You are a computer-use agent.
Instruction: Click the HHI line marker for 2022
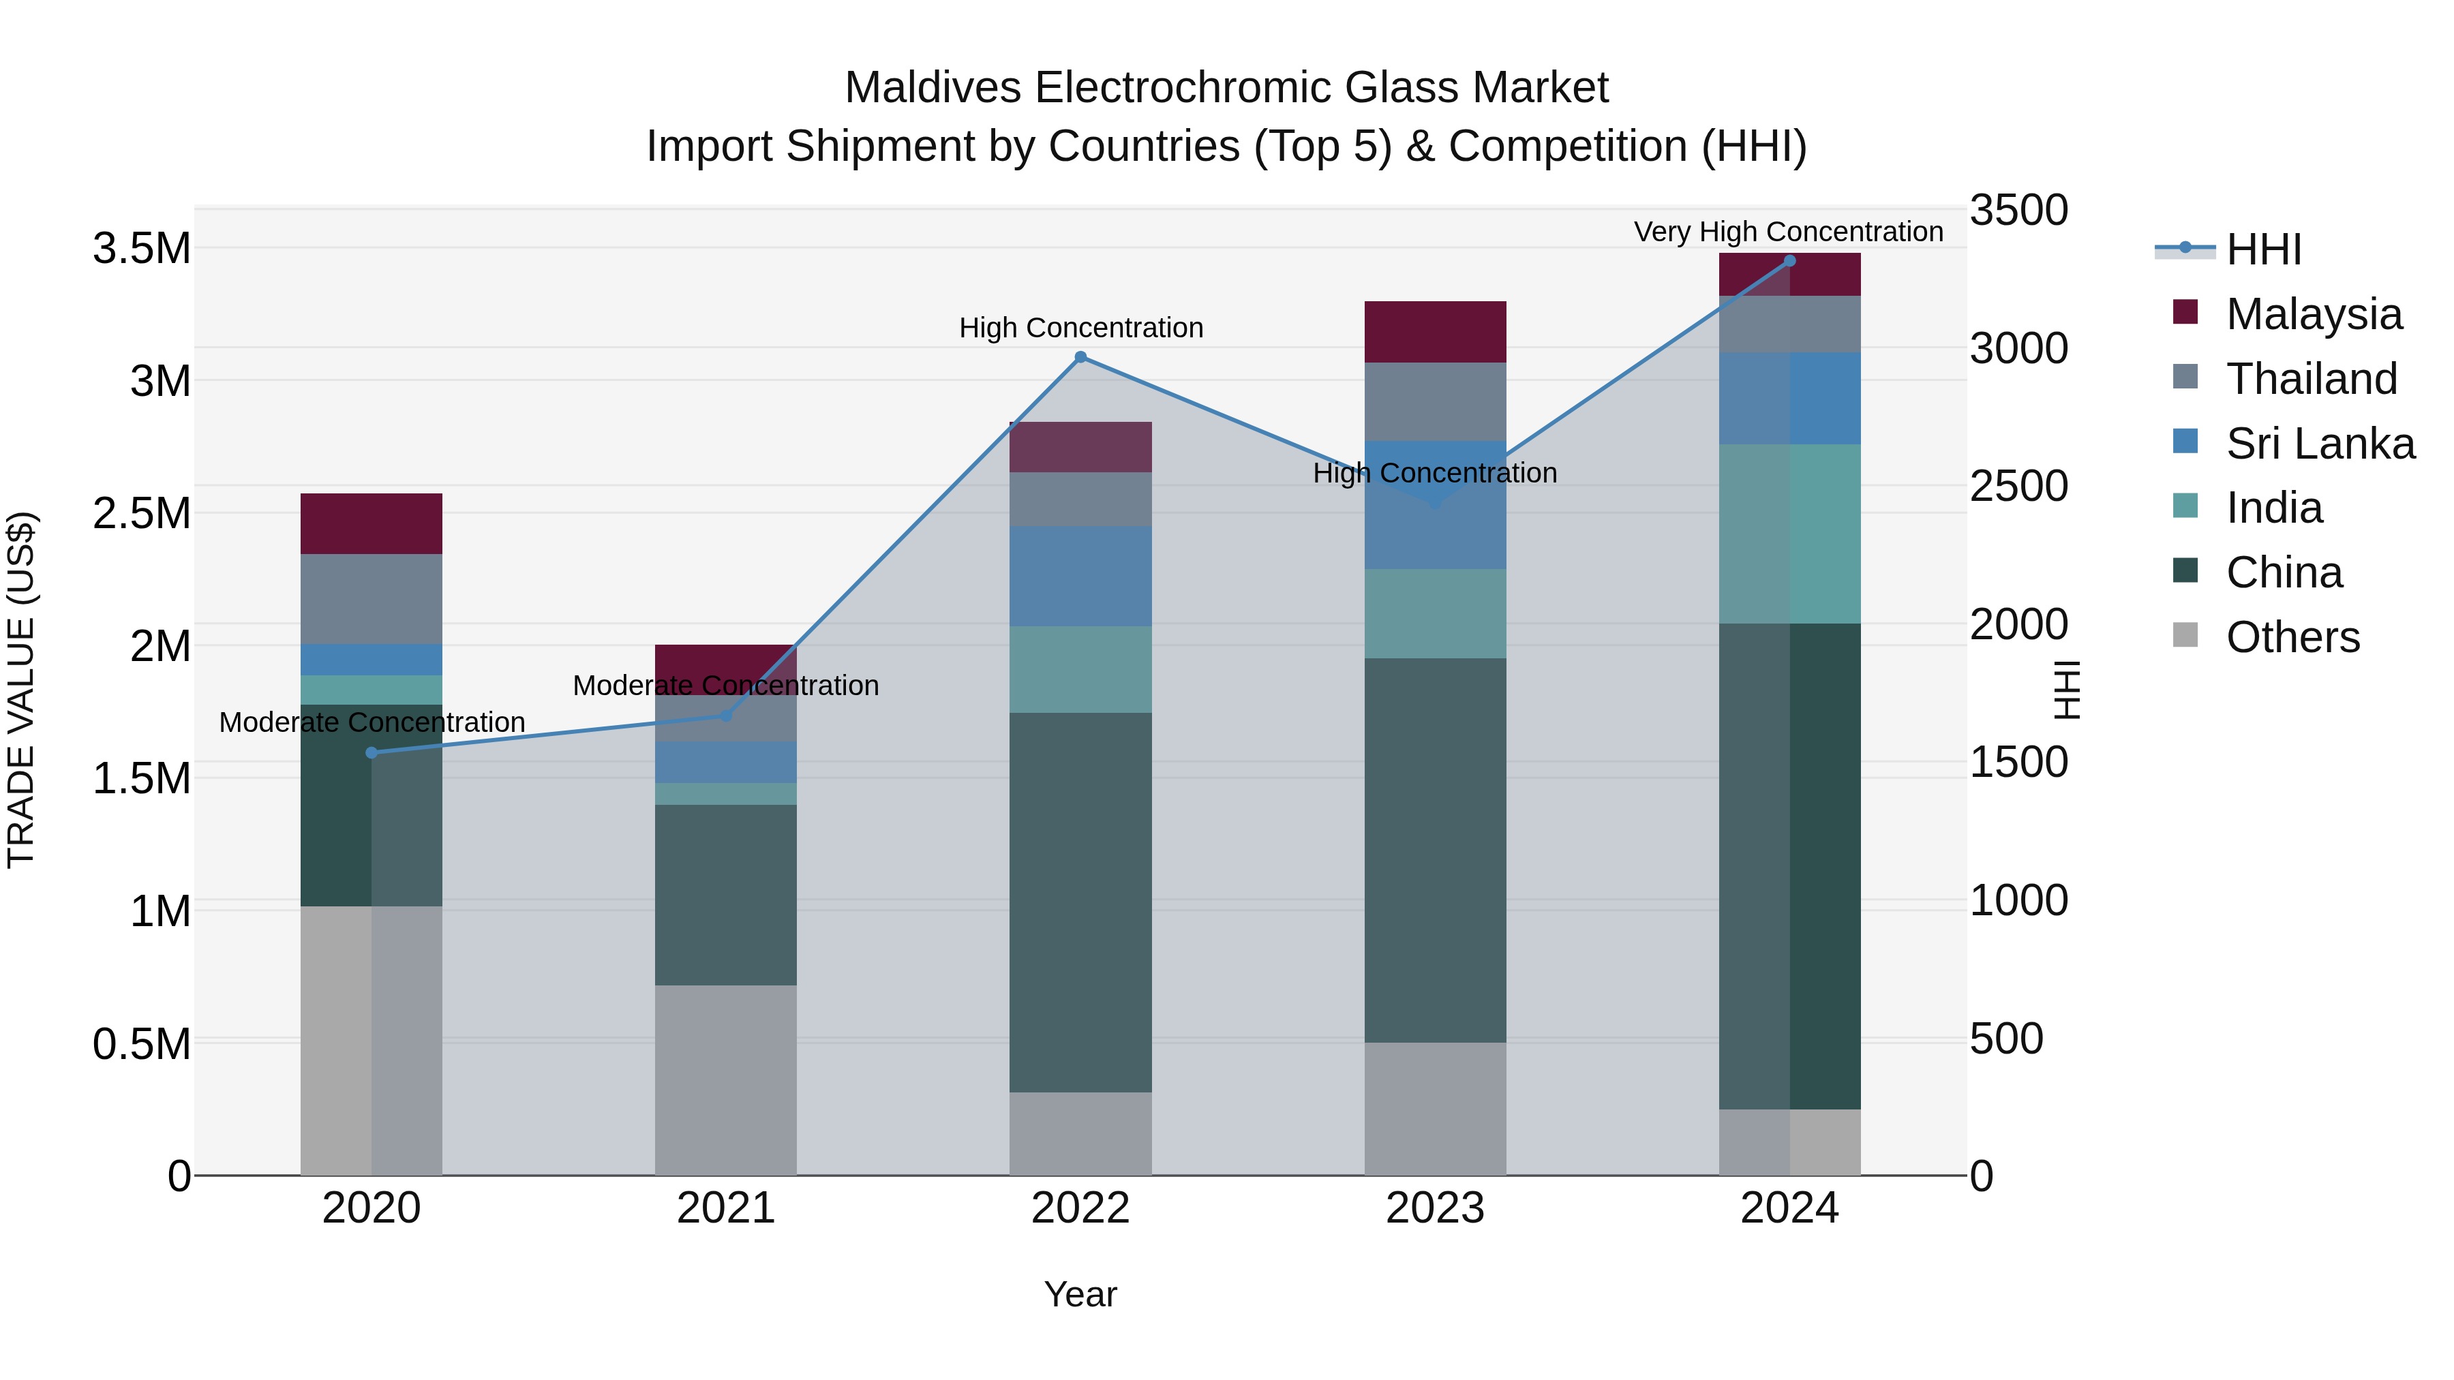1080,357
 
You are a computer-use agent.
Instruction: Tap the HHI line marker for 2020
372,752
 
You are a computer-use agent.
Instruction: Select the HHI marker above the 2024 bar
1789,261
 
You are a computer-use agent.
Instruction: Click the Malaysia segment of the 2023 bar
1435,331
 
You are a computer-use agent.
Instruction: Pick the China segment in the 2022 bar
1080,901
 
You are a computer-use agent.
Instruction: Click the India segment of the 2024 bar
1789,534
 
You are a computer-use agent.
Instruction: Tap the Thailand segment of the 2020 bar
372,598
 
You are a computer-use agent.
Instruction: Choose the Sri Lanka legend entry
2320,444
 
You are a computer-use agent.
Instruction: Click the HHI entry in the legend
2262,249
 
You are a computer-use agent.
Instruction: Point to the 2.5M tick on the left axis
141,513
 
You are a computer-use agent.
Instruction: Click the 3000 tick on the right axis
2018,348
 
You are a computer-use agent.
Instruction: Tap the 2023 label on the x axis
1435,1208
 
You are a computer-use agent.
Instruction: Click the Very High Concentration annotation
1788,232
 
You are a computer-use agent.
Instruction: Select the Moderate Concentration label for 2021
725,686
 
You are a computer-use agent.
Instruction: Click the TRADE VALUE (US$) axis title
21,690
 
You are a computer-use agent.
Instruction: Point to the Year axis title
1080,1294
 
